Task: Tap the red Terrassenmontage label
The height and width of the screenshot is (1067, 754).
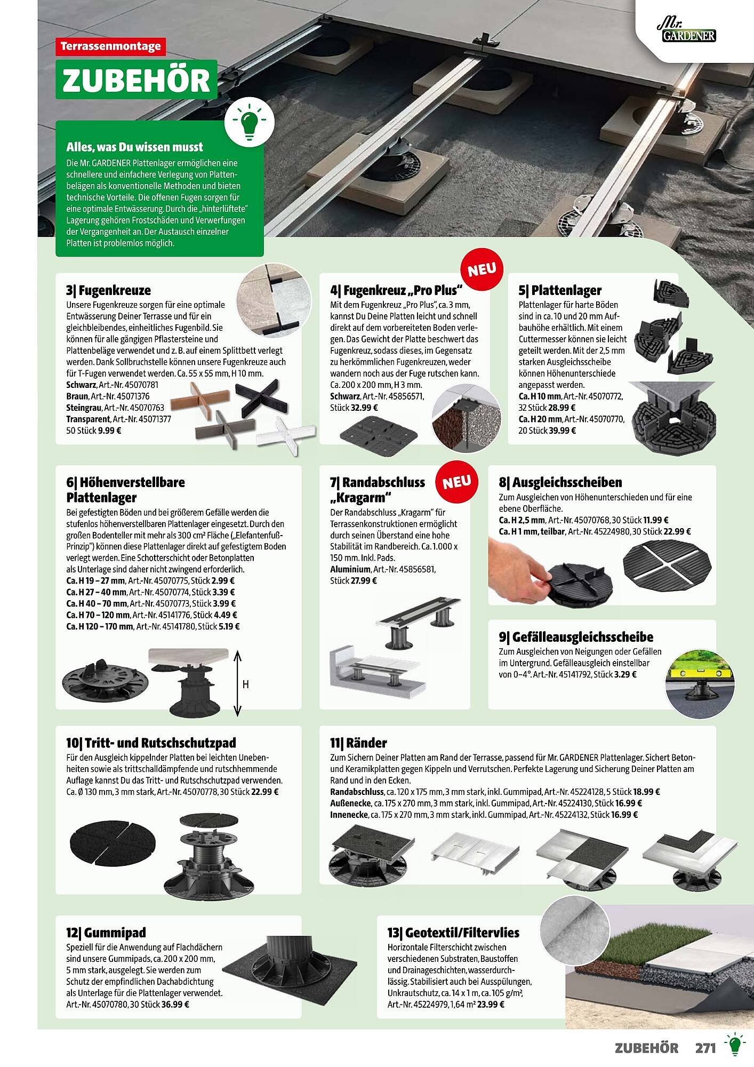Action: point(111,46)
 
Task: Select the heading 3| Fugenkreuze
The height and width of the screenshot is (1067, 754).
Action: point(108,290)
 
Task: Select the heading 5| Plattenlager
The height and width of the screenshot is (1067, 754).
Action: point(560,290)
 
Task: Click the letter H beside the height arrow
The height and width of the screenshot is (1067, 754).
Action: point(246,684)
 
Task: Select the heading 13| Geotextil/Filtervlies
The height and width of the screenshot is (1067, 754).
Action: point(453,933)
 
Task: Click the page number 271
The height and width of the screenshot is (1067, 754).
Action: point(705,1048)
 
